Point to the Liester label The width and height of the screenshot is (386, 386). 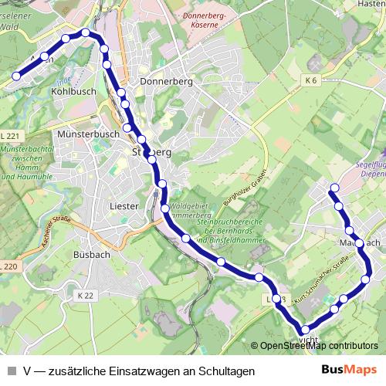click(x=124, y=206)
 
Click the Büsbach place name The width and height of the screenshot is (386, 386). click(x=93, y=254)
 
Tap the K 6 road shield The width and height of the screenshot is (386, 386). click(x=311, y=80)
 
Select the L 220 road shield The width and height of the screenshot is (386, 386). click(x=8, y=266)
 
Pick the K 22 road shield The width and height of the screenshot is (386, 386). click(x=85, y=296)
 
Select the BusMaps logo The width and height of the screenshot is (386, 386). click(x=348, y=370)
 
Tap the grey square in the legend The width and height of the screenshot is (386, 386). click(x=11, y=371)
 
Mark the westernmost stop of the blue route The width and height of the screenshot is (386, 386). click(x=15, y=76)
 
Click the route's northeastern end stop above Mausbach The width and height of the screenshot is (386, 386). click(x=334, y=188)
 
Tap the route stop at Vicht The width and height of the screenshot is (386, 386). click(x=304, y=330)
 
